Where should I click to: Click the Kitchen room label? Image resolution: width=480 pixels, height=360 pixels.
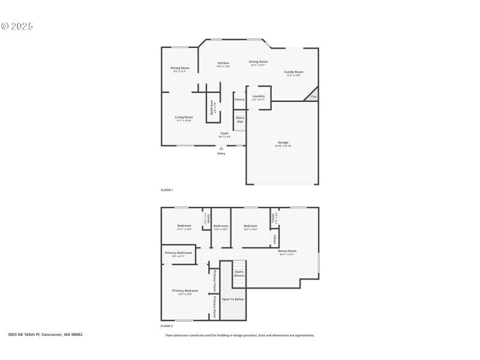pyautogui.click(x=223, y=63)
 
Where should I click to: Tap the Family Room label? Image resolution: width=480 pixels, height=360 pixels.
pyautogui.click(x=293, y=72)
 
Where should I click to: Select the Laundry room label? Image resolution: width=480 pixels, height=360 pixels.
pyautogui.click(x=259, y=96)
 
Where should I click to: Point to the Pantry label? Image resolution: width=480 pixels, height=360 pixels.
pyautogui.click(x=239, y=100)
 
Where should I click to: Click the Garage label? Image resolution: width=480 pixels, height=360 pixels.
pyautogui.click(x=283, y=143)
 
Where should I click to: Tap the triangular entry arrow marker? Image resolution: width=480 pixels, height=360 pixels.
pyautogui.click(x=221, y=148)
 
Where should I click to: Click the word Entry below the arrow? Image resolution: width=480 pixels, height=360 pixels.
pyautogui.click(x=221, y=154)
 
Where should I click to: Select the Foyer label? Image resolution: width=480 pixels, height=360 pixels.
pyautogui.click(x=224, y=133)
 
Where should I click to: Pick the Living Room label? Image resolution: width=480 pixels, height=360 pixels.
pyautogui.click(x=184, y=117)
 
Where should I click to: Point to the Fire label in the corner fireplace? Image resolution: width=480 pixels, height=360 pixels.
pyautogui.click(x=313, y=97)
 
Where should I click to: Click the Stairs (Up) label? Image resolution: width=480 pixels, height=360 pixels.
pyautogui.click(x=239, y=119)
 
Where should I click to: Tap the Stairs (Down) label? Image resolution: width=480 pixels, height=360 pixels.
pyautogui.click(x=239, y=273)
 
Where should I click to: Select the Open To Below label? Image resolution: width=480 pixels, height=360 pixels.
pyautogui.click(x=233, y=299)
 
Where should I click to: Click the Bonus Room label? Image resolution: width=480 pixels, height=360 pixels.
pyautogui.click(x=287, y=251)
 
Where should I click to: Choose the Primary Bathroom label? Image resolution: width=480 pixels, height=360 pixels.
pyautogui.click(x=179, y=253)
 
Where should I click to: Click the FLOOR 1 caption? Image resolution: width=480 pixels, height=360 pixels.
pyautogui.click(x=167, y=190)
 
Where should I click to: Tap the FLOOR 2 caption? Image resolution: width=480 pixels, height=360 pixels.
pyautogui.click(x=167, y=326)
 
